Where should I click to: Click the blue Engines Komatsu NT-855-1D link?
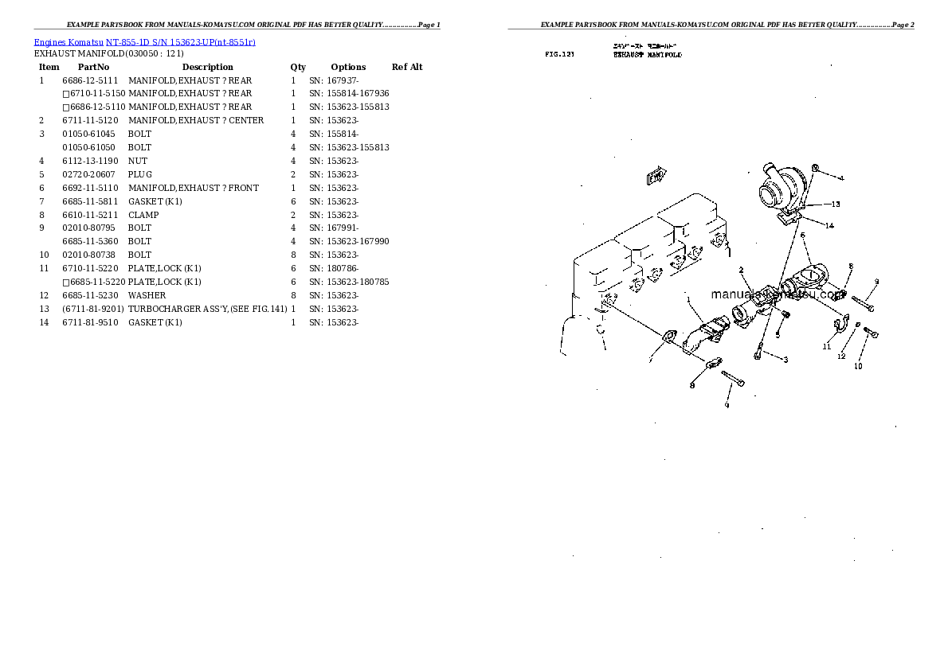click(144, 41)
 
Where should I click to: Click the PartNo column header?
click(93, 67)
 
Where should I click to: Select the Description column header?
click(207, 67)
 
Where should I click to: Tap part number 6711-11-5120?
click(89, 120)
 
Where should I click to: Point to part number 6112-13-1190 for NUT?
click(89, 161)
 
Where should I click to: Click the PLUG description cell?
click(139, 174)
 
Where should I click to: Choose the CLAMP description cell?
click(143, 215)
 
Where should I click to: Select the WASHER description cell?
click(147, 295)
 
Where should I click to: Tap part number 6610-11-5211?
click(89, 215)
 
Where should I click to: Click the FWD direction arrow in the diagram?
click(656, 176)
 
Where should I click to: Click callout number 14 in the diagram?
click(829, 226)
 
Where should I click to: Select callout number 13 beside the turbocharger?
click(836, 204)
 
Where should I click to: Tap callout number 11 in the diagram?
click(827, 347)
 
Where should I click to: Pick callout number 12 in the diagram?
click(841, 356)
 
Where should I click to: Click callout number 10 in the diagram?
click(858, 366)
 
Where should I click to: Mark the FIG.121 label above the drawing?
click(559, 55)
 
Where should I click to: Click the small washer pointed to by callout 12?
click(856, 325)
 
